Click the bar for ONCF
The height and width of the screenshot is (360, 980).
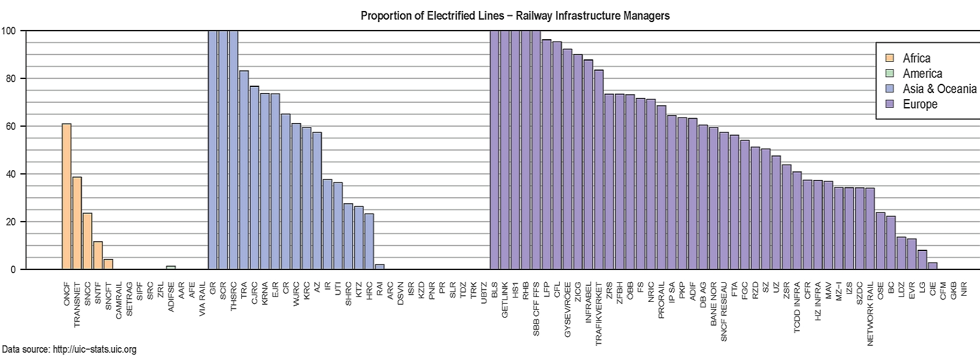[66, 197]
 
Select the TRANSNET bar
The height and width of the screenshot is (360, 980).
[77, 223]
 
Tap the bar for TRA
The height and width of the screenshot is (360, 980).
[244, 170]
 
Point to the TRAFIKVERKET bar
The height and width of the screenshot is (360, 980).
[598, 170]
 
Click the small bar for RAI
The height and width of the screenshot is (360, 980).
[380, 267]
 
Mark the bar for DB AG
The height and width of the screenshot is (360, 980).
[703, 197]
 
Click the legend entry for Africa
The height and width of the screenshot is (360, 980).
[916, 58]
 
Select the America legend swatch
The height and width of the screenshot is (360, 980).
[890, 73]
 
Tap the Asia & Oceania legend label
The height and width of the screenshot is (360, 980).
[940, 89]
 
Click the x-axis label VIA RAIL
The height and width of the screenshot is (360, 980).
[202, 298]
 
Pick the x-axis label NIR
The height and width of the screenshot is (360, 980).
[964, 289]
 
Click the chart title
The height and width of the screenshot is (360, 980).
[514, 16]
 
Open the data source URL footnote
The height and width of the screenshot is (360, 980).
[69, 350]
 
